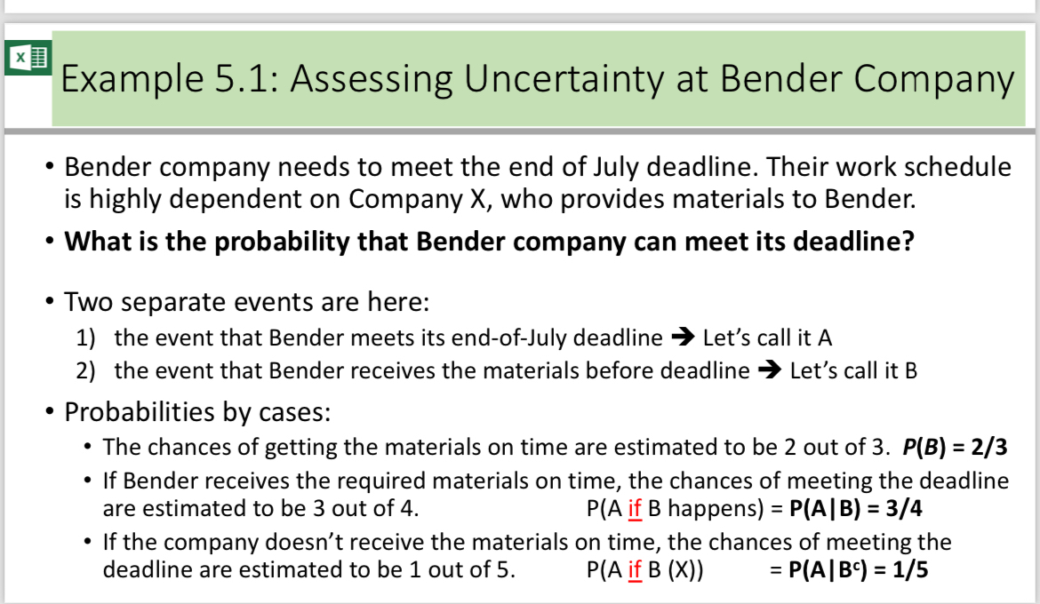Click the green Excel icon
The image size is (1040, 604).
28,59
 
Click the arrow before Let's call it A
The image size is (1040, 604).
682,338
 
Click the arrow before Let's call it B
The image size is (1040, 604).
769,370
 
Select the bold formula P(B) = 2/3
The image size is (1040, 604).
956,447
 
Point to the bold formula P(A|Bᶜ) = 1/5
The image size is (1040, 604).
860,569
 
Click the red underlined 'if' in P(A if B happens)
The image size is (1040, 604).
635,509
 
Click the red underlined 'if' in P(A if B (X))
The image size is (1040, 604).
635,569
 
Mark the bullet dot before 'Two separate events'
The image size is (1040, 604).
49,302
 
